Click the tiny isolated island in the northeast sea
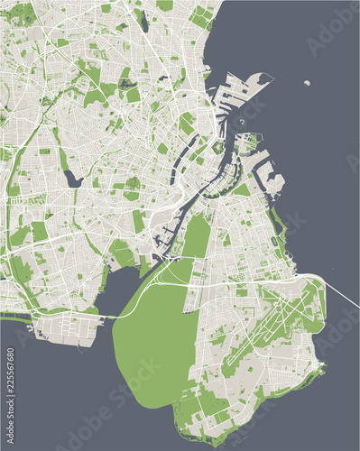(x=308, y=83)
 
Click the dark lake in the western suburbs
(x=72, y=179)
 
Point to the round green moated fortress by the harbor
(x=217, y=145)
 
